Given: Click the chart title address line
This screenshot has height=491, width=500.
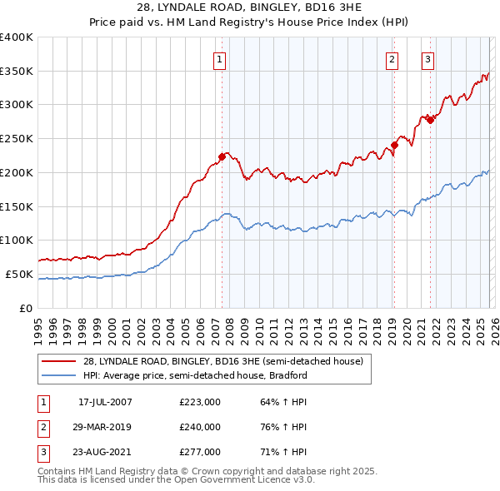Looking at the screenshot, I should (250, 8).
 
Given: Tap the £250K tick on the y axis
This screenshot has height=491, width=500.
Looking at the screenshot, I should (17, 138).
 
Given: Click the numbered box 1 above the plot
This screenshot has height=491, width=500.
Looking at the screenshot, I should (219, 58).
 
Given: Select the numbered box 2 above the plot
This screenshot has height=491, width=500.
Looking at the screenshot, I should (392, 58).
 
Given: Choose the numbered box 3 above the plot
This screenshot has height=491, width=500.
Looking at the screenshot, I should (427, 58).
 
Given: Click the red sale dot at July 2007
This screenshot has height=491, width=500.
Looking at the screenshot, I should (222, 156).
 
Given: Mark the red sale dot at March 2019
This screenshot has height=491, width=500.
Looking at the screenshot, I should (394, 145).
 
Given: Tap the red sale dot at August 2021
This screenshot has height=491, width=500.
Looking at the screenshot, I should (430, 120).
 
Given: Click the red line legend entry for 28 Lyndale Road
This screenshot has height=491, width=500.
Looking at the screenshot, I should (222, 362).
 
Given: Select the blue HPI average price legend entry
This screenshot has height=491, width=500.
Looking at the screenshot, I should (195, 375).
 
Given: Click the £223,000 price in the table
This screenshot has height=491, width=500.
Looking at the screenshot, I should (200, 402).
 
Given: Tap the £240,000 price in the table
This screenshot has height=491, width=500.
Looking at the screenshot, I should (200, 427).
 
